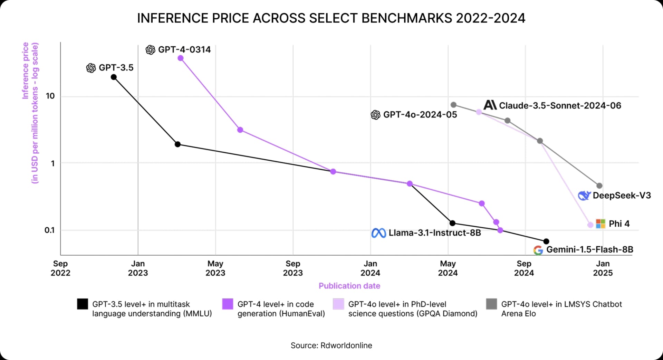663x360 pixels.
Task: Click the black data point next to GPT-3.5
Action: pyautogui.click(x=114, y=77)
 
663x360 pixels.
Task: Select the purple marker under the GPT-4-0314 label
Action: pyautogui.click(x=180, y=58)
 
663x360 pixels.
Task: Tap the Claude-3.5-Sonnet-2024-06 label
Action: pyautogui.click(x=560, y=105)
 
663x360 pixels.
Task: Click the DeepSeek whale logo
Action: pyautogui.click(x=584, y=196)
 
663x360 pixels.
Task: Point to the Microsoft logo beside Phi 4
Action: pyautogui.click(x=600, y=224)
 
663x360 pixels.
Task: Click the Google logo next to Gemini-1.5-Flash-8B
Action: pyautogui.click(x=538, y=250)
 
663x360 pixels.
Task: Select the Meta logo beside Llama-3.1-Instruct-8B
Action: pyautogui.click(x=378, y=233)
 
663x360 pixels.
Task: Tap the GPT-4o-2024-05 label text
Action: pyautogui.click(x=420, y=115)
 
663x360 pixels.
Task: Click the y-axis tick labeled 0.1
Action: pyautogui.click(x=49, y=230)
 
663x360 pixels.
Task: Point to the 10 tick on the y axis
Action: pyautogui.click(x=50, y=96)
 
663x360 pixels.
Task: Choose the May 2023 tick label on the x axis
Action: pyautogui.click(x=215, y=268)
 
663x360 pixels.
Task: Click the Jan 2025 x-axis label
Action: pyautogui.click(x=603, y=268)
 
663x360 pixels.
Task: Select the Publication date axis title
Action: pyautogui.click(x=349, y=286)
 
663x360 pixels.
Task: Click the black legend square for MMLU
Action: pyautogui.click(x=83, y=304)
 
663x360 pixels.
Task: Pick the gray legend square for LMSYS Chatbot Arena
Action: pyautogui.click(x=491, y=304)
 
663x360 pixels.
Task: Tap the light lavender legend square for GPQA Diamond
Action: pyautogui.click(x=338, y=304)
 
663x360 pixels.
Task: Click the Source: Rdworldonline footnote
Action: pyautogui.click(x=331, y=345)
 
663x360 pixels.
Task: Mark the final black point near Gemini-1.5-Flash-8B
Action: pyautogui.click(x=546, y=241)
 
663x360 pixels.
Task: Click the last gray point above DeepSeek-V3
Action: pyautogui.click(x=599, y=186)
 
